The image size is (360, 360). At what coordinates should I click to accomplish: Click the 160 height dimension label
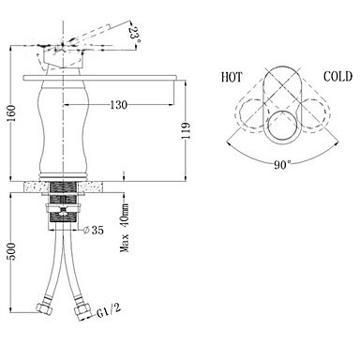coord(11,113)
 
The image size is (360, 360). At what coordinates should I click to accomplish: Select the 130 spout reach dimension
coord(119,105)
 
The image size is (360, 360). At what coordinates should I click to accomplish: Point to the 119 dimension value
coord(187,130)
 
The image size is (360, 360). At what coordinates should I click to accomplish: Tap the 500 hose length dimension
coord(11,251)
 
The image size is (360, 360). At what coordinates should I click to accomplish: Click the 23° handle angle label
coord(135,36)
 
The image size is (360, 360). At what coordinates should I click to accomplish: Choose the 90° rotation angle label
coord(282,164)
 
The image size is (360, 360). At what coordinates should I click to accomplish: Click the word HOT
coord(232,77)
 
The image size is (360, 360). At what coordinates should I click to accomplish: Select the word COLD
coord(337,76)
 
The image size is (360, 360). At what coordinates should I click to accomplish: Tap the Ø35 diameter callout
coord(94,231)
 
